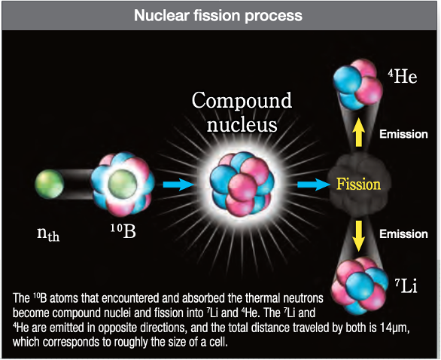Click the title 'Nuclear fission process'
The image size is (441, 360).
(x=218, y=16)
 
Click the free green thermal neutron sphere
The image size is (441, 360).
(x=50, y=184)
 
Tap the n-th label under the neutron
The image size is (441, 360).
(x=48, y=234)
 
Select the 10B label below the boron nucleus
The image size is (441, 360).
(x=123, y=231)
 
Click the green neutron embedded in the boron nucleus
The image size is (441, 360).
(x=123, y=184)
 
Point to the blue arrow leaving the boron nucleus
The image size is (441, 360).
(x=178, y=185)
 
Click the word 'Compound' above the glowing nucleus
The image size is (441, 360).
(x=242, y=100)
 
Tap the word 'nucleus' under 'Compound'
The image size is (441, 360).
(x=242, y=124)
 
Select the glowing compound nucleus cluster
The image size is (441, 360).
(x=242, y=185)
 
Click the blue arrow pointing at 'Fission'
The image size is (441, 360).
(x=313, y=185)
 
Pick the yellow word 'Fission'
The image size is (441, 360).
(x=358, y=184)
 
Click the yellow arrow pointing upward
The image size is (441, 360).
(x=358, y=133)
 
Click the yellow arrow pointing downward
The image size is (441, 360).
(x=358, y=236)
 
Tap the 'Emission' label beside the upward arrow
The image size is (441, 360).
(x=403, y=134)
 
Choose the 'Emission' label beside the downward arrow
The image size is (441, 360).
(x=403, y=234)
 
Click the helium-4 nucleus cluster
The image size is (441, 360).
(x=357, y=84)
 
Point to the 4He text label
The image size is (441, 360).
(x=403, y=76)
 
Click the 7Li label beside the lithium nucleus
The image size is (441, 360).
(x=406, y=286)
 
